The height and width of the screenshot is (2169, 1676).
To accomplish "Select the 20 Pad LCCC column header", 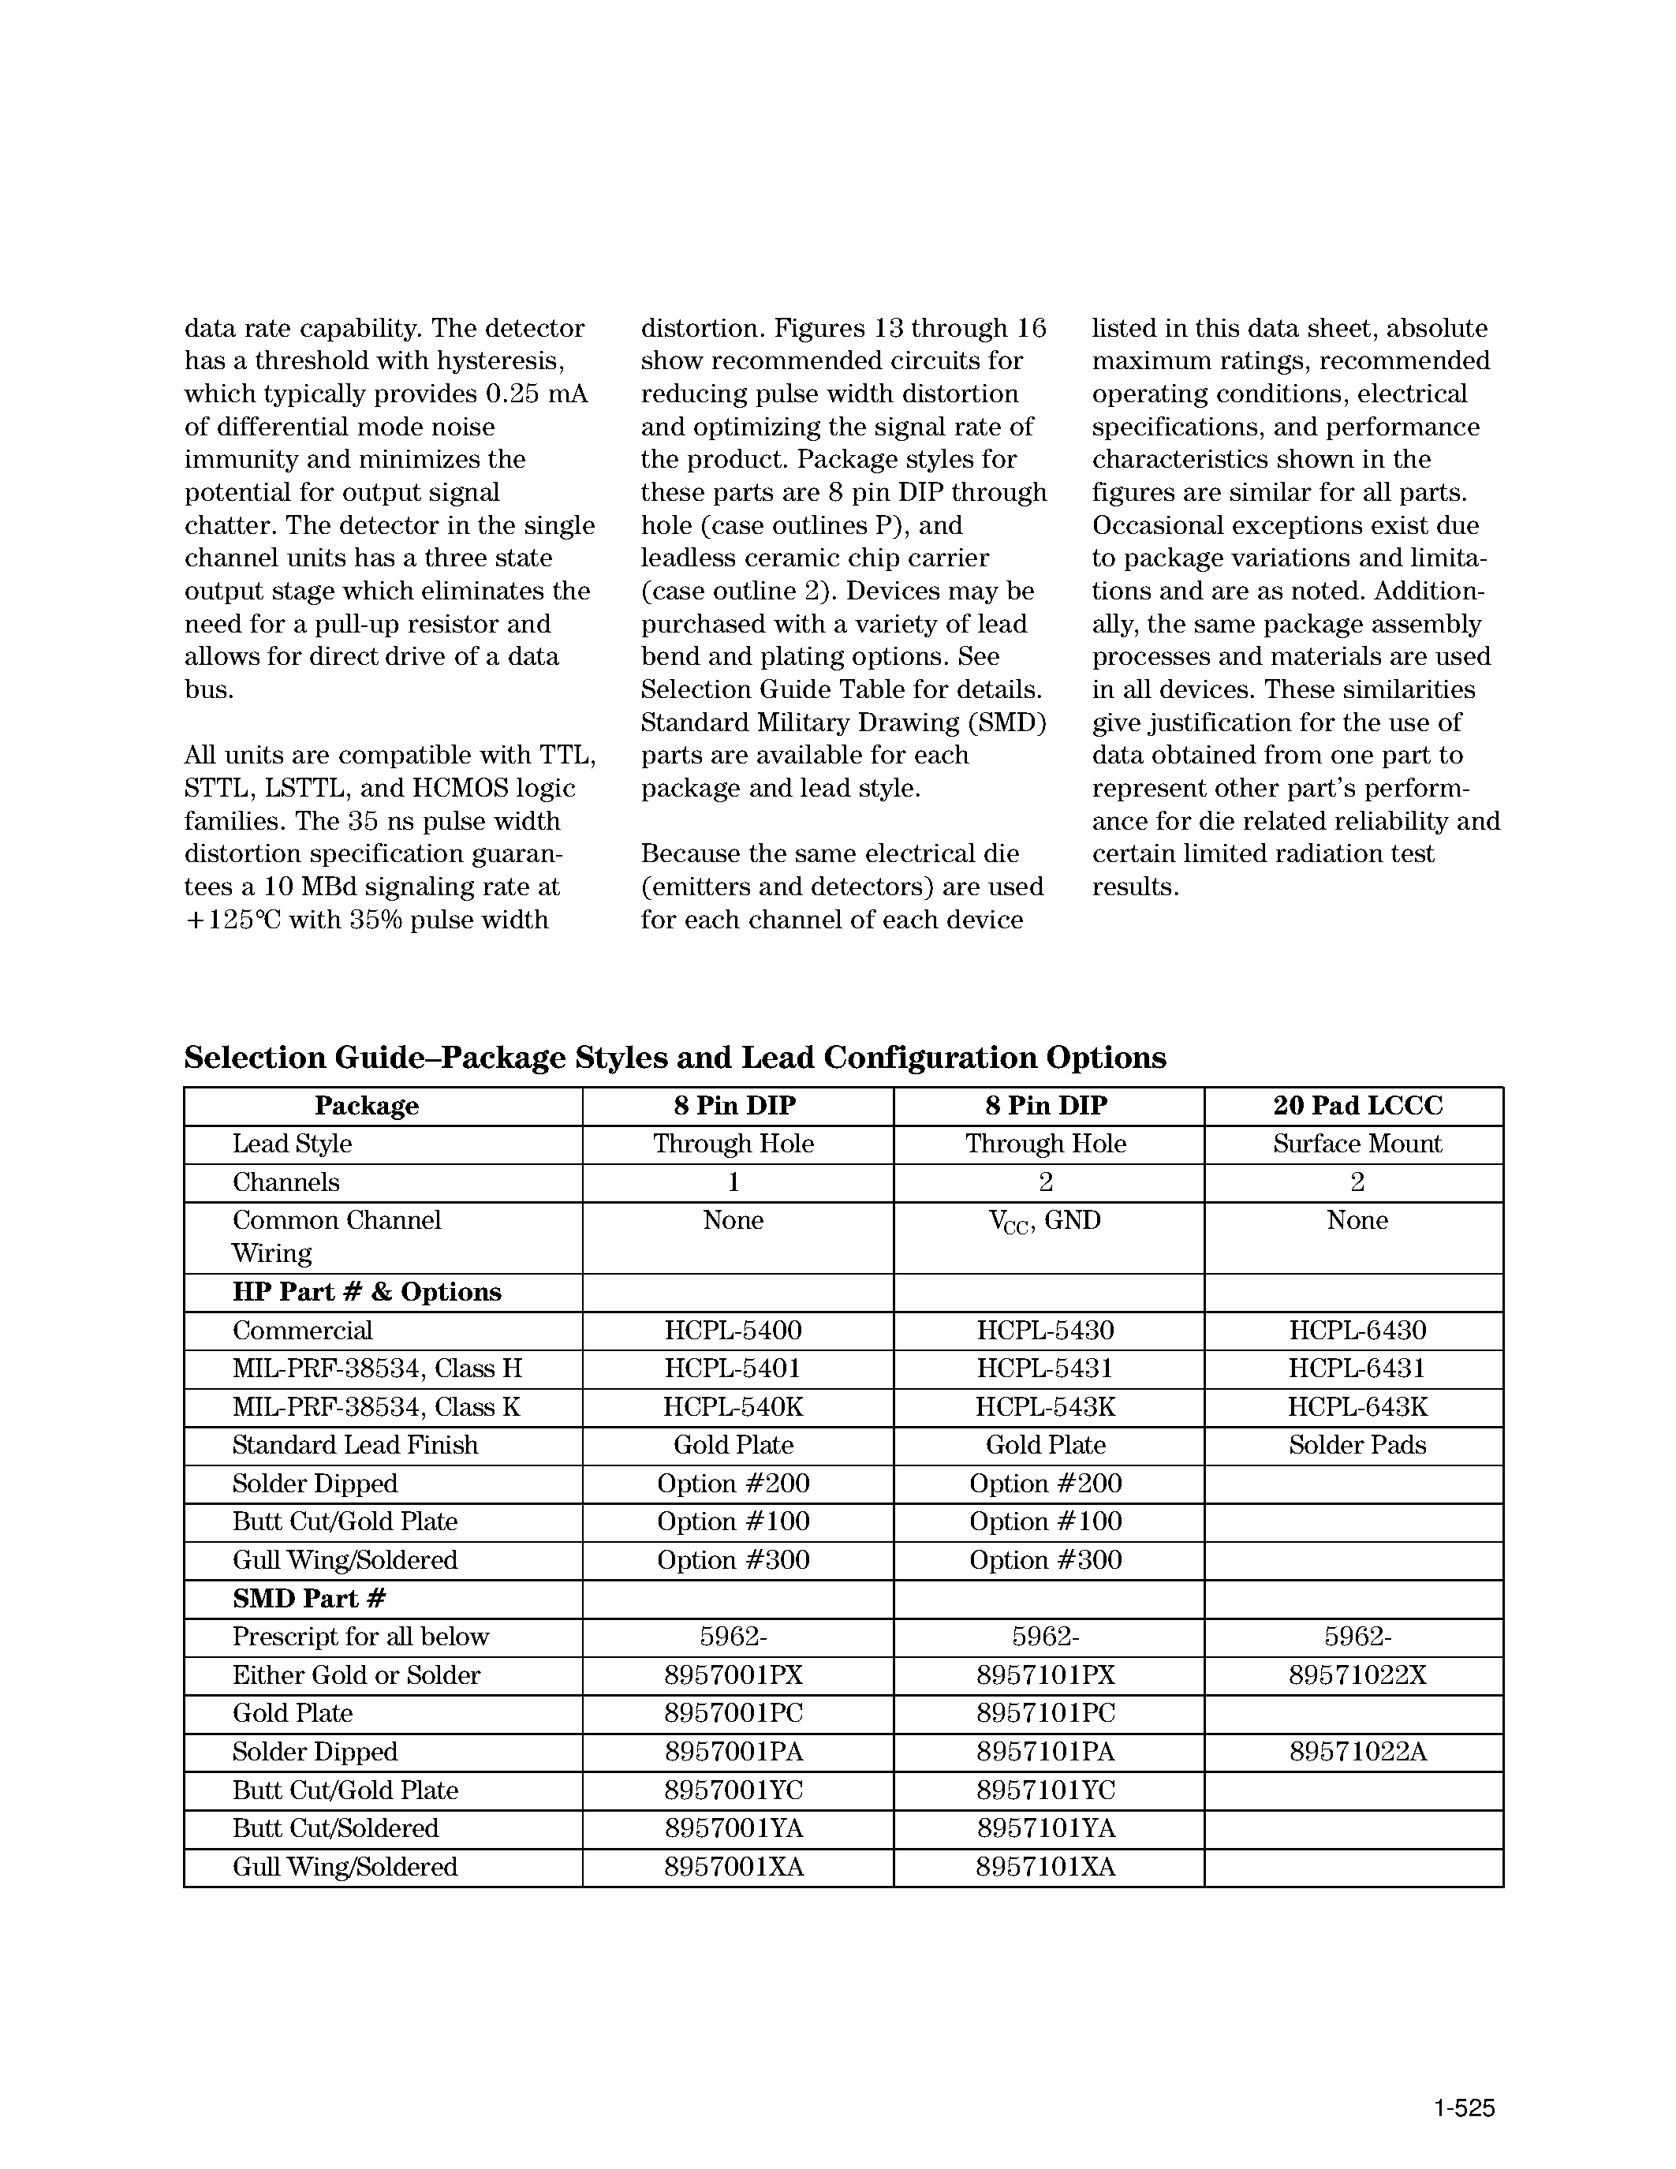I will [1357, 1105].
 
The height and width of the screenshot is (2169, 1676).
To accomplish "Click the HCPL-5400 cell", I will [733, 1331].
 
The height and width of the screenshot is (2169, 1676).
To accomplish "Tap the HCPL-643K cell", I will [1357, 1407].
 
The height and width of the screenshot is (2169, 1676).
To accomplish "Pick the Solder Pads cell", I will [1357, 1445].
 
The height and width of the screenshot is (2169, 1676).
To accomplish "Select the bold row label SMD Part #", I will [309, 1598].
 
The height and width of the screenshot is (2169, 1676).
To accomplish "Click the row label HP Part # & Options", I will [367, 1292].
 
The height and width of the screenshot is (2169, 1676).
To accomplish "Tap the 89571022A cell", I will [1357, 1752].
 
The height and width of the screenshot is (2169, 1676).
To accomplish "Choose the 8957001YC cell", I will [733, 1790].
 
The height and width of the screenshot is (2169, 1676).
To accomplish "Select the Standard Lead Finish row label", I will [354, 1445].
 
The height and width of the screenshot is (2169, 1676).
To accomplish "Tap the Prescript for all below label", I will [360, 1637].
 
